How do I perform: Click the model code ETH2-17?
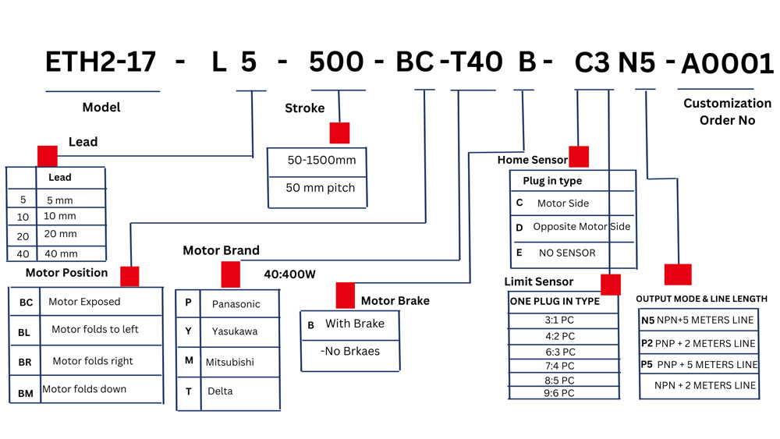tap(101, 62)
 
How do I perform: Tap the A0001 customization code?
tap(728, 64)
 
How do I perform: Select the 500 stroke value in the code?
tap(337, 62)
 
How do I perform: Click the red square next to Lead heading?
tap(48, 154)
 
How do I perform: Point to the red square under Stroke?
tap(339, 133)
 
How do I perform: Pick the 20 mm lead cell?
tap(60, 234)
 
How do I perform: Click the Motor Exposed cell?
tap(84, 302)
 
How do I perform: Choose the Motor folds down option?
tap(84, 389)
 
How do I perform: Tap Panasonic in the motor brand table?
tap(236, 304)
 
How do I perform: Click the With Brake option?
tap(355, 324)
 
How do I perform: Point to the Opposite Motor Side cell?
tap(581, 227)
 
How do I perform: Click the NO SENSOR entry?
tap(567, 253)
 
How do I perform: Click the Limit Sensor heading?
tap(538, 281)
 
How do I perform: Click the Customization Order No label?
tap(727, 112)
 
